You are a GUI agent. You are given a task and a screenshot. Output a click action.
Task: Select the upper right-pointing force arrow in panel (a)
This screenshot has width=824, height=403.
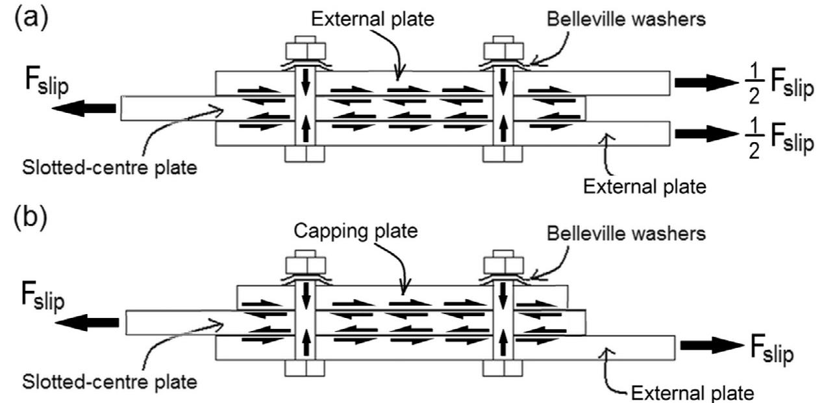[x=701, y=82]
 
